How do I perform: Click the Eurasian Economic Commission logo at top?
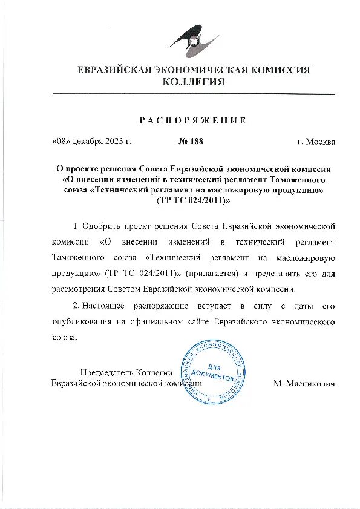tap(194, 38)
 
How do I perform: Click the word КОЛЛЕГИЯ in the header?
tap(194, 82)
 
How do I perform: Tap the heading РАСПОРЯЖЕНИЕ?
tap(194, 120)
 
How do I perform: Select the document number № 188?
tap(191, 142)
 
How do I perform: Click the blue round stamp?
tap(214, 371)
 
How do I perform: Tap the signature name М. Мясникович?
tap(304, 384)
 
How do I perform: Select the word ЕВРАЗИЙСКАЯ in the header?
tap(114, 70)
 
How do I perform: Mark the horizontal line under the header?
tap(194, 94)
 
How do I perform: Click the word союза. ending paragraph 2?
tap(65, 337)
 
